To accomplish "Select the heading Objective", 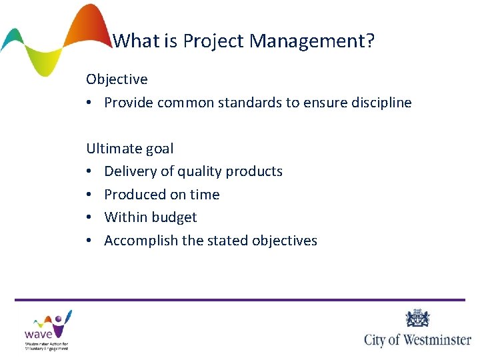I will click(x=117, y=79).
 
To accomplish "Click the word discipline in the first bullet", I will click(x=379, y=103).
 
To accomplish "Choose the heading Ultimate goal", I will click(x=129, y=148).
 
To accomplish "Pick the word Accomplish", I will click(x=139, y=240).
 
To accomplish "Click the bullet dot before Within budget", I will click(x=90, y=217).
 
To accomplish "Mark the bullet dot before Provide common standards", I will click(x=90, y=103).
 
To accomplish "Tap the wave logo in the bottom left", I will click(x=47, y=329).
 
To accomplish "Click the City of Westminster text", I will click(x=417, y=339).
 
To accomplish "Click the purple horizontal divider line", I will click(x=240, y=299).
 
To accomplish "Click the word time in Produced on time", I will click(x=205, y=194).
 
